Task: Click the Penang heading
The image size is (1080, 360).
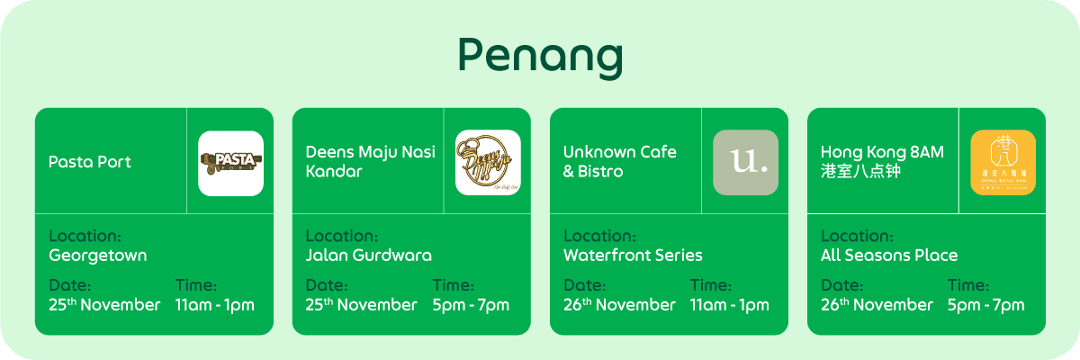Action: [539, 58]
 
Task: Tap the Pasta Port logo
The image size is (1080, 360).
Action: [230, 163]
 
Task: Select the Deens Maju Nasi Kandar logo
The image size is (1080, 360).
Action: [488, 163]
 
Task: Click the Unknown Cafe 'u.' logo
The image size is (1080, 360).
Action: [745, 163]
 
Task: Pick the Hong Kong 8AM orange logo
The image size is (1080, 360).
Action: [1003, 163]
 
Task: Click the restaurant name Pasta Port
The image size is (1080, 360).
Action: [90, 162]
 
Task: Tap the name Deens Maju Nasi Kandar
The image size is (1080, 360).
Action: [370, 161]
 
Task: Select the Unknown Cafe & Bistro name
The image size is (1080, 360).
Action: [619, 161]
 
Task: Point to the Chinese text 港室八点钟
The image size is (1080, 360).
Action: [862, 171]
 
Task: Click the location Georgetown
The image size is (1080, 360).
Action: [97, 256]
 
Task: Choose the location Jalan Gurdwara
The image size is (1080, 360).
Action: [368, 256]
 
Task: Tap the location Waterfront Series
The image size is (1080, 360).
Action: [633, 256]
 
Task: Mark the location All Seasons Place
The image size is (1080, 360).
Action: [889, 256]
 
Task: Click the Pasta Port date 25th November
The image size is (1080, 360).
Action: [104, 305]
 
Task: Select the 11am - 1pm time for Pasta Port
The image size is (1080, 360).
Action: [215, 305]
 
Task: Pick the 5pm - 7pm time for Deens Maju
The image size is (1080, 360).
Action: [471, 305]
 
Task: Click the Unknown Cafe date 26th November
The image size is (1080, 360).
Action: [619, 305]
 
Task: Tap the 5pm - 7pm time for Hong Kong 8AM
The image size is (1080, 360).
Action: [985, 305]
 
